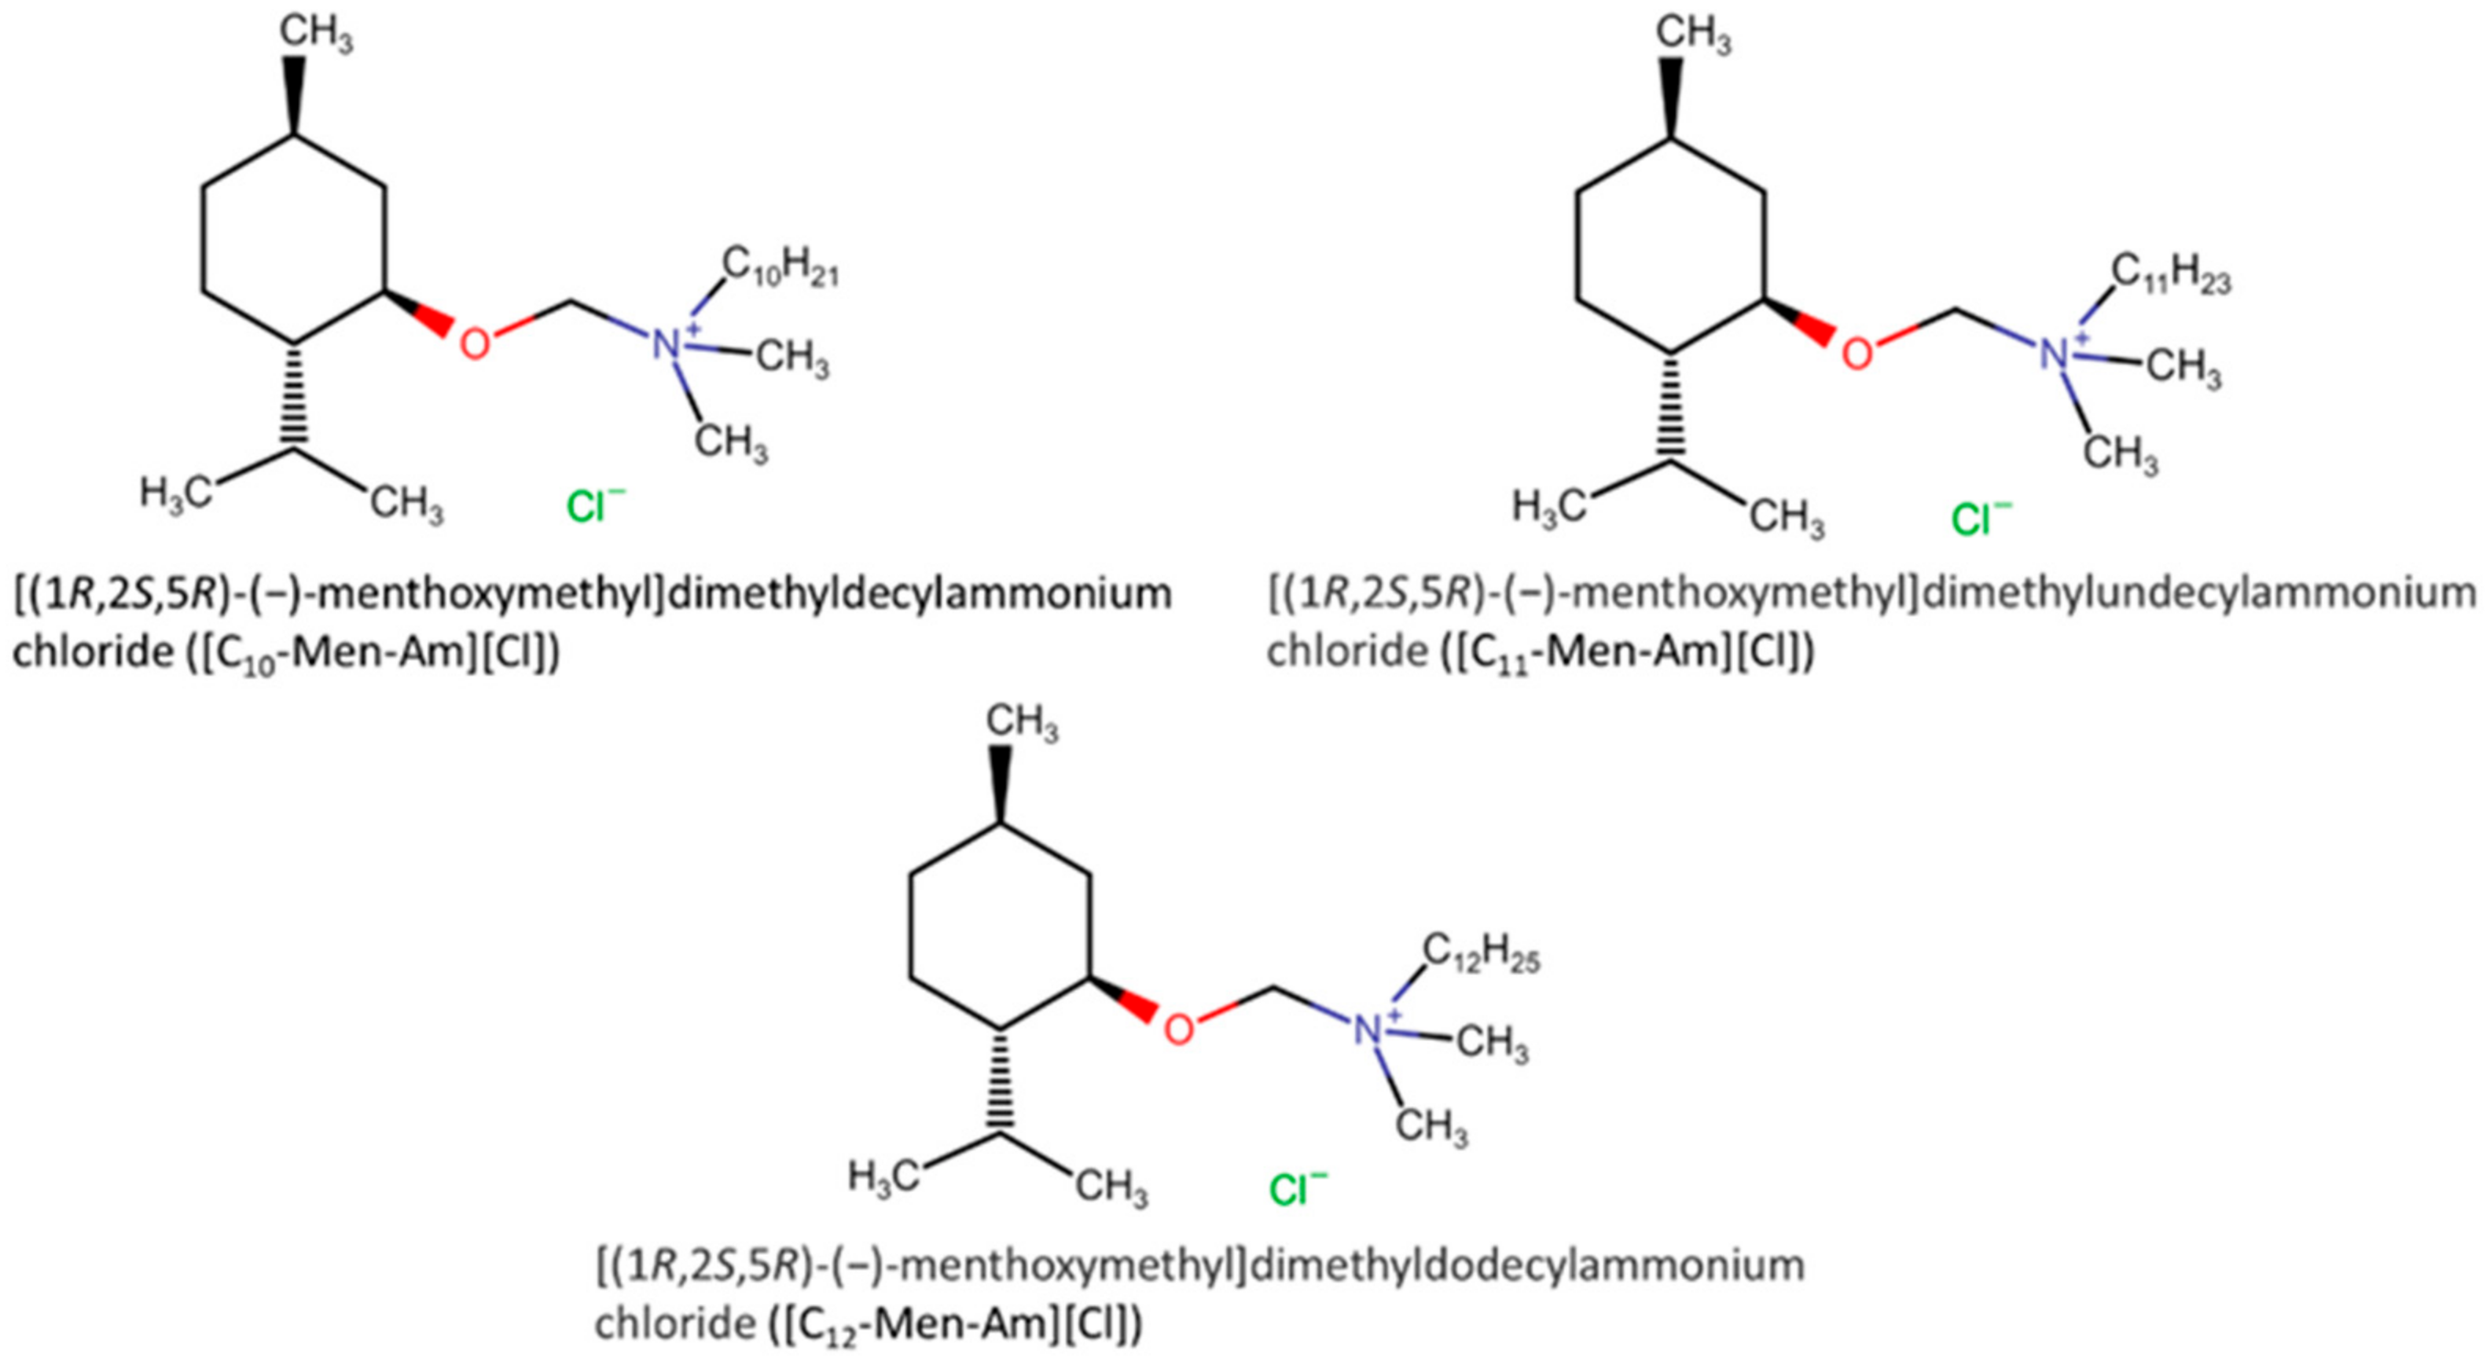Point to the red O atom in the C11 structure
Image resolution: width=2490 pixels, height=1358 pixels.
coord(1856,353)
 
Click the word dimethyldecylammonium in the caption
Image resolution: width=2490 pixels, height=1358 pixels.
coord(920,593)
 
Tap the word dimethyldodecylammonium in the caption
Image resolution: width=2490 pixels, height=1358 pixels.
coord(1527,1264)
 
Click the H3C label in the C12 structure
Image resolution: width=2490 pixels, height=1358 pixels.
coord(882,1176)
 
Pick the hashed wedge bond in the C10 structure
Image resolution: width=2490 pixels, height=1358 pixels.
coord(295,396)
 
